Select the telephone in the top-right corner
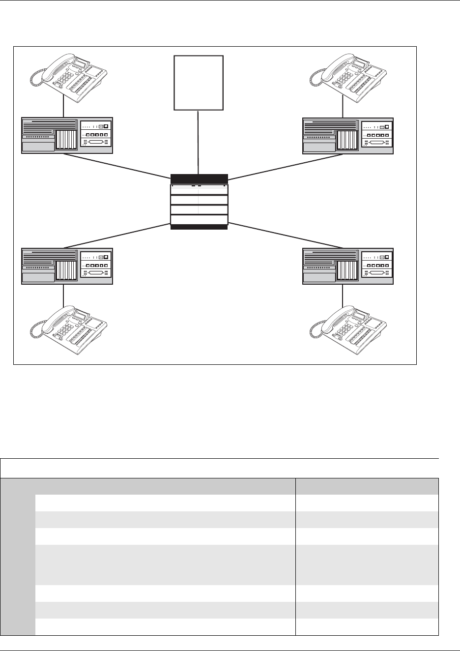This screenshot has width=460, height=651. click(350, 76)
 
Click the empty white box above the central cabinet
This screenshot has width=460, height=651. click(199, 83)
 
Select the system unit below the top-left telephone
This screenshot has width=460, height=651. click(67, 135)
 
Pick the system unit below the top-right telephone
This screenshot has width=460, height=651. click(348, 135)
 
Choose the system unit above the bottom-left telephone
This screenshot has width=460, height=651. click(67, 266)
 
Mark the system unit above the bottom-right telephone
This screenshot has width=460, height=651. click(348, 266)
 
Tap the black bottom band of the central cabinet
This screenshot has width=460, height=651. click(199, 227)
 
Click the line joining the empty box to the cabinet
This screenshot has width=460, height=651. click(198, 143)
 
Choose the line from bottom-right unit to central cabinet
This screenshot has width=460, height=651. click(285, 236)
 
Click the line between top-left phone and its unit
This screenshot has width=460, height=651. click(64, 109)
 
